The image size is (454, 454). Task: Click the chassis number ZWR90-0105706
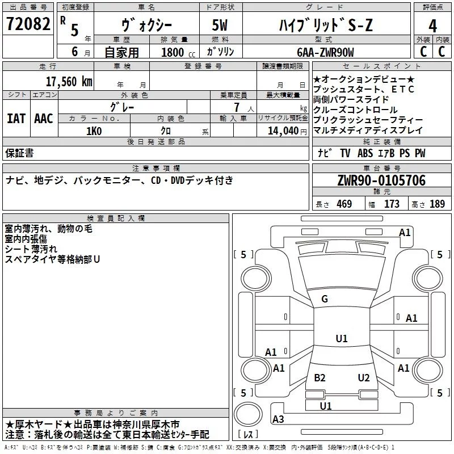[381, 180]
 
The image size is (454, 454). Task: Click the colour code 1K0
[94, 131]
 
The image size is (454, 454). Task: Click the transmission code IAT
[16, 119]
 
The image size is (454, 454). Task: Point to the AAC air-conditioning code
[44, 119]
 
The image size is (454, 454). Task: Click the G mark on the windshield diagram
[325, 299]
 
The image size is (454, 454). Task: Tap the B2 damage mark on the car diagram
[320, 378]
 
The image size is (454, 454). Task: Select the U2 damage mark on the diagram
[364, 378]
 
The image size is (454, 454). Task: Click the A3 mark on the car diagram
[278, 419]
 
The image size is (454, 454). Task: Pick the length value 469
[342, 204]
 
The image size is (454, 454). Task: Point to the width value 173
[392, 204]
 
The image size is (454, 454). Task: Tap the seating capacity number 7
[236, 107]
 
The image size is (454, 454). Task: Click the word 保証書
[19, 153]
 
